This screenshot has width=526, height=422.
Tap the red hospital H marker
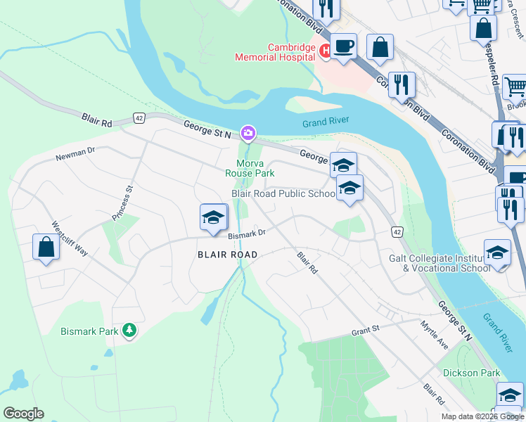click(x=326, y=50)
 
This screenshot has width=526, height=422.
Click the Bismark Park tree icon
click(x=129, y=329)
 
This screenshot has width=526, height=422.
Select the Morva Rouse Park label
click(x=249, y=167)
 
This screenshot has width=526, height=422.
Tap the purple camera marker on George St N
click(x=248, y=132)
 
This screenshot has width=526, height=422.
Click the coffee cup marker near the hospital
click(x=343, y=46)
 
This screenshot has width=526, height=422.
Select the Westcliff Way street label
click(x=69, y=239)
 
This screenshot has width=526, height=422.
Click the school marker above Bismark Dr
click(x=213, y=217)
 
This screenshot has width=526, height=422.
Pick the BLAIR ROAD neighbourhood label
click(x=229, y=254)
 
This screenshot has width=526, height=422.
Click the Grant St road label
click(x=365, y=328)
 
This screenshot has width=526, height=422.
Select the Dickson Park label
click(x=471, y=373)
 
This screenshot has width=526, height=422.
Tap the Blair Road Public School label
click(x=283, y=193)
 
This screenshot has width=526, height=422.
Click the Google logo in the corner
click(x=23, y=414)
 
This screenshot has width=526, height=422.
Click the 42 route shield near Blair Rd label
click(x=139, y=118)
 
